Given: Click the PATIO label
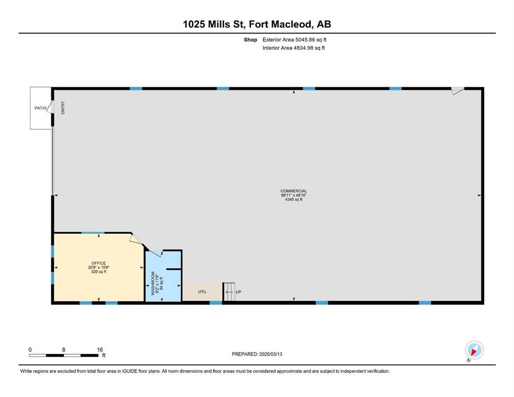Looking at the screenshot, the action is [x=41, y=108].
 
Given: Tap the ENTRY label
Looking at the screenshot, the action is [x=63, y=108].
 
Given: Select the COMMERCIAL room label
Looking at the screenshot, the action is [x=293, y=191].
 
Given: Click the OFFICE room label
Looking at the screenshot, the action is [x=99, y=263].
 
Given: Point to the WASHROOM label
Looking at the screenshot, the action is [x=153, y=283].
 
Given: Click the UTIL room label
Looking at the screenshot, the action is [x=202, y=292].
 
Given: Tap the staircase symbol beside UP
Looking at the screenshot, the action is [x=229, y=292].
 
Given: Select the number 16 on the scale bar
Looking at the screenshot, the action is [x=100, y=349].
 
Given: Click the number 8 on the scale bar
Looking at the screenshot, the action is [x=64, y=349].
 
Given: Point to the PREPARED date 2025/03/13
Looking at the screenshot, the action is [x=270, y=354].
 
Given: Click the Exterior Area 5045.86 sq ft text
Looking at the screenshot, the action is [x=295, y=40].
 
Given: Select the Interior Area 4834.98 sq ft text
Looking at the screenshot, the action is [x=293, y=48].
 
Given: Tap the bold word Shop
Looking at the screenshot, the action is [x=251, y=40].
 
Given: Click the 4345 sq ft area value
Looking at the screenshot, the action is [x=293, y=200].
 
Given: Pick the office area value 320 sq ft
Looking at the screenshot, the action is [x=99, y=272].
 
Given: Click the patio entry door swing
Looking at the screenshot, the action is [x=50, y=107].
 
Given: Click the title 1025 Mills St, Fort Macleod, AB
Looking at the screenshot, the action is [x=257, y=24].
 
